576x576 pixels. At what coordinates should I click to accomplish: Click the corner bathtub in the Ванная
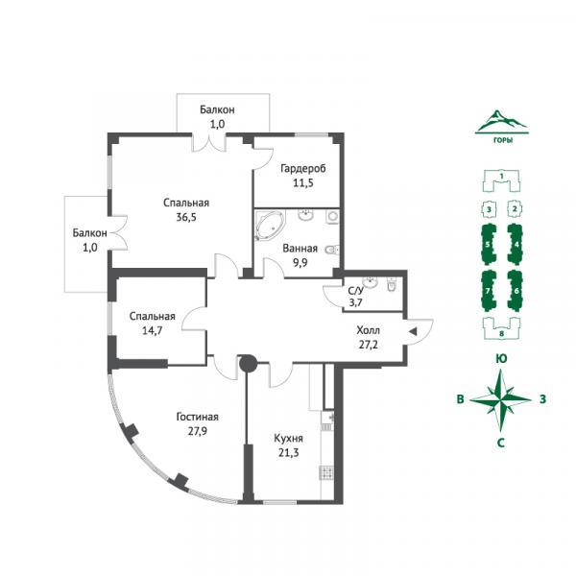pyautogui.click(x=270, y=226)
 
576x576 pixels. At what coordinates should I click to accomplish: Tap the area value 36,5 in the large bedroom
pyautogui.click(x=186, y=217)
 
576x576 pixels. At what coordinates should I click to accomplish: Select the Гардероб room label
pyautogui.click(x=303, y=169)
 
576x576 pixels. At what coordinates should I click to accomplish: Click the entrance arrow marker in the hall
pyautogui.click(x=413, y=332)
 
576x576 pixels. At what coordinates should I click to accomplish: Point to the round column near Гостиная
pyautogui.click(x=248, y=363)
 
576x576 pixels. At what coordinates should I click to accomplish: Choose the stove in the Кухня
pyautogui.click(x=326, y=472)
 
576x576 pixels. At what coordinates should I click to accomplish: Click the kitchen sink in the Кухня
pyautogui.click(x=327, y=421)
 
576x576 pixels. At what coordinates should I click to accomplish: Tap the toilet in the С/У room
pyautogui.click(x=392, y=284)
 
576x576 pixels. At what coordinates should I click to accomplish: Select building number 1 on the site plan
pyautogui.click(x=501, y=180)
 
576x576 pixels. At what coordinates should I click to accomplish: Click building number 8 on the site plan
pyautogui.click(x=501, y=328)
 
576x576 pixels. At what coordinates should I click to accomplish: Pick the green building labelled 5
pyautogui.click(x=488, y=244)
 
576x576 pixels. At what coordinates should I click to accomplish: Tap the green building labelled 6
pyautogui.click(x=516, y=291)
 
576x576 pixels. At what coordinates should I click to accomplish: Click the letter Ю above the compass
pyautogui.click(x=501, y=359)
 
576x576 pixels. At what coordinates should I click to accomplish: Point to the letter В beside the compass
pyautogui.click(x=460, y=399)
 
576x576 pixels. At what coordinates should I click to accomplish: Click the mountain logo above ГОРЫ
pyautogui.click(x=501, y=122)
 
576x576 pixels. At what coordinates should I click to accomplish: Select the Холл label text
pyautogui.click(x=368, y=330)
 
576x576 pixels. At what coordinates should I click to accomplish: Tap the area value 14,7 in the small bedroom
pyautogui.click(x=152, y=330)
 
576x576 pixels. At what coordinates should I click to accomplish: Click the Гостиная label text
pyautogui.click(x=197, y=417)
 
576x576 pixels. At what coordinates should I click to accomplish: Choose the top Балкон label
pyautogui.click(x=217, y=109)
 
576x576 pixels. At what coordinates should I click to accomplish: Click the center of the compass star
pyautogui.click(x=501, y=399)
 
